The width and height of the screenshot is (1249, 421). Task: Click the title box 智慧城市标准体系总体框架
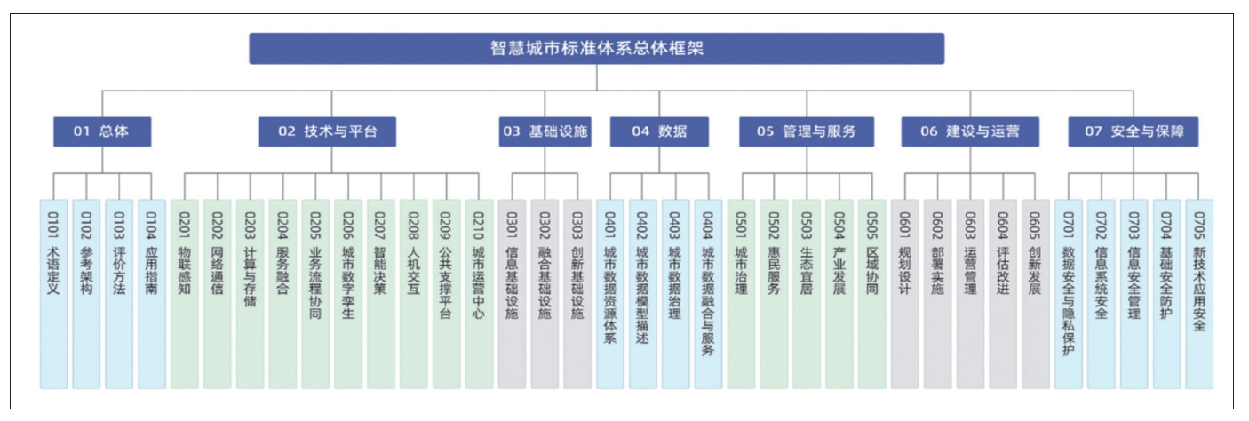point(597,49)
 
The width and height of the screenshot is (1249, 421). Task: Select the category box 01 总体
point(102,131)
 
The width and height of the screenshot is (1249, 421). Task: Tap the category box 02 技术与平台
point(327,131)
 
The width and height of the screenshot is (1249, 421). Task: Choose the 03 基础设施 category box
point(545,131)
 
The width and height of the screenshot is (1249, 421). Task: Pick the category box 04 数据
point(659,131)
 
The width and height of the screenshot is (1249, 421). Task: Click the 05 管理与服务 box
point(807,131)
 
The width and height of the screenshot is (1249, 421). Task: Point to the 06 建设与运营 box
point(970,131)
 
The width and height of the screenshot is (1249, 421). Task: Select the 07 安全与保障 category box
point(1134,131)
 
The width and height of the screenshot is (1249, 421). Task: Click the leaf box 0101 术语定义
point(53,294)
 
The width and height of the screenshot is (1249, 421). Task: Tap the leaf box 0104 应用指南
point(152,294)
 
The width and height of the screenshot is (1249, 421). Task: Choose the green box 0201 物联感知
point(185,294)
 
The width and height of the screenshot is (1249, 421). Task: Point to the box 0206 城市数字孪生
point(348,294)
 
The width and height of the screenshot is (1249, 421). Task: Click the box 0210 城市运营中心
point(479,294)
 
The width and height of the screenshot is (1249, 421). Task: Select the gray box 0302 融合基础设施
point(545,294)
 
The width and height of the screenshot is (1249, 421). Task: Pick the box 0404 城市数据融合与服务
point(708,294)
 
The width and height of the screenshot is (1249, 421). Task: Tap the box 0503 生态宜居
point(807,294)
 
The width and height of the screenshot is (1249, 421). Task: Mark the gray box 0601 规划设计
point(904,294)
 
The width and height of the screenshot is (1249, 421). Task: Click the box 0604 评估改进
point(1003,294)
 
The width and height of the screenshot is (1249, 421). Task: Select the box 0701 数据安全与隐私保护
point(1069,294)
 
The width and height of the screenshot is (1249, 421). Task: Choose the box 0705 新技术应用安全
point(1199,294)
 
